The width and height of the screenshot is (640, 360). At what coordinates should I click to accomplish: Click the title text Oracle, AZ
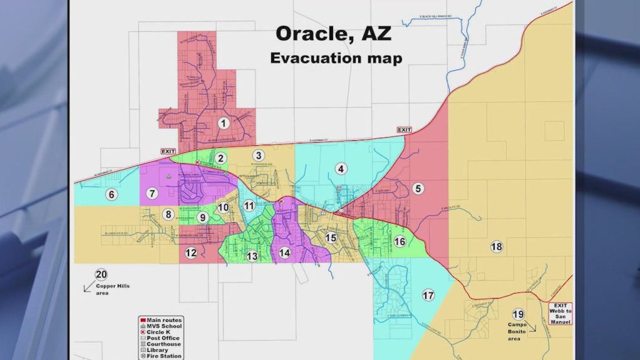pos(334,34)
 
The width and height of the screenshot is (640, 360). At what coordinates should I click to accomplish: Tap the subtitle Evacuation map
pos(336,58)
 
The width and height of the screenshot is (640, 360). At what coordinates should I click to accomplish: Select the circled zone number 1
pos(222,123)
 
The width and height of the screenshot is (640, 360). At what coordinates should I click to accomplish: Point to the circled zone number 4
pos(341,168)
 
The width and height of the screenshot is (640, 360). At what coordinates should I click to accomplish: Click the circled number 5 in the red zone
pos(418,188)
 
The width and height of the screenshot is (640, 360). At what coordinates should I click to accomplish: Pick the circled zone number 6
pos(111,194)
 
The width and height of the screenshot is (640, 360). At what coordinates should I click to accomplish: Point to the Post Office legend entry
pos(162,338)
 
